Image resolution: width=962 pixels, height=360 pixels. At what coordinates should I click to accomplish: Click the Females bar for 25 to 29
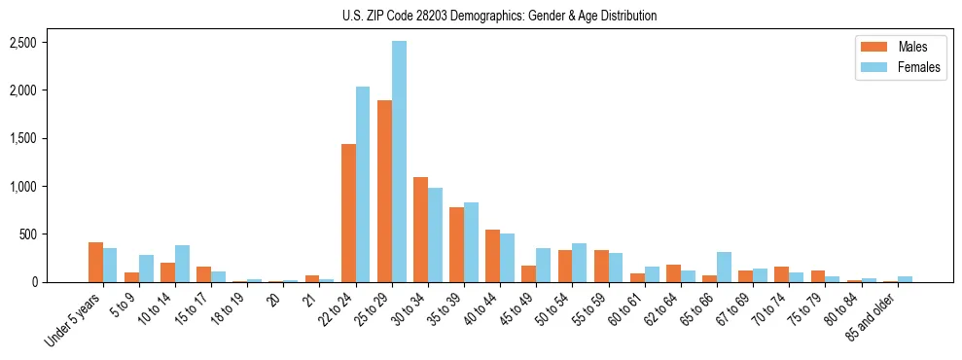pyautogui.click(x=399, y=162)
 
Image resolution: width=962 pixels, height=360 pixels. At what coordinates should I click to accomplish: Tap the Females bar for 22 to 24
pyautogui.click(x=363, y=185)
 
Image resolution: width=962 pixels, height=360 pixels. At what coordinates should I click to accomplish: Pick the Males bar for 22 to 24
pyautogui.click(x=348, y=213)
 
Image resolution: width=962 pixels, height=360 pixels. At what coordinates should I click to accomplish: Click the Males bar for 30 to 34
pyautogui.click(x=420, y=230)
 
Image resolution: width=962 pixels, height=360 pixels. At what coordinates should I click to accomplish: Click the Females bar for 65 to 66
pyautogui.click(x=724, y=268)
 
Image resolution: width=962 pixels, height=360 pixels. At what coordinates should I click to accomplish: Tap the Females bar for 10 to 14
pyautogui.click(x=182, y=264)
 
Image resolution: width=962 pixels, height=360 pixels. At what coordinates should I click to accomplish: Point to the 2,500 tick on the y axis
pyautogui.click(x=22, y=43)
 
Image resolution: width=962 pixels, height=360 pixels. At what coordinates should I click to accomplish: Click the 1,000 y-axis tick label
pyautogui.click(x=22, y=187)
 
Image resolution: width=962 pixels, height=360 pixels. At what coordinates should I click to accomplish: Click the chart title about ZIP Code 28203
pyautogui.click(x=500, y=16)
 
